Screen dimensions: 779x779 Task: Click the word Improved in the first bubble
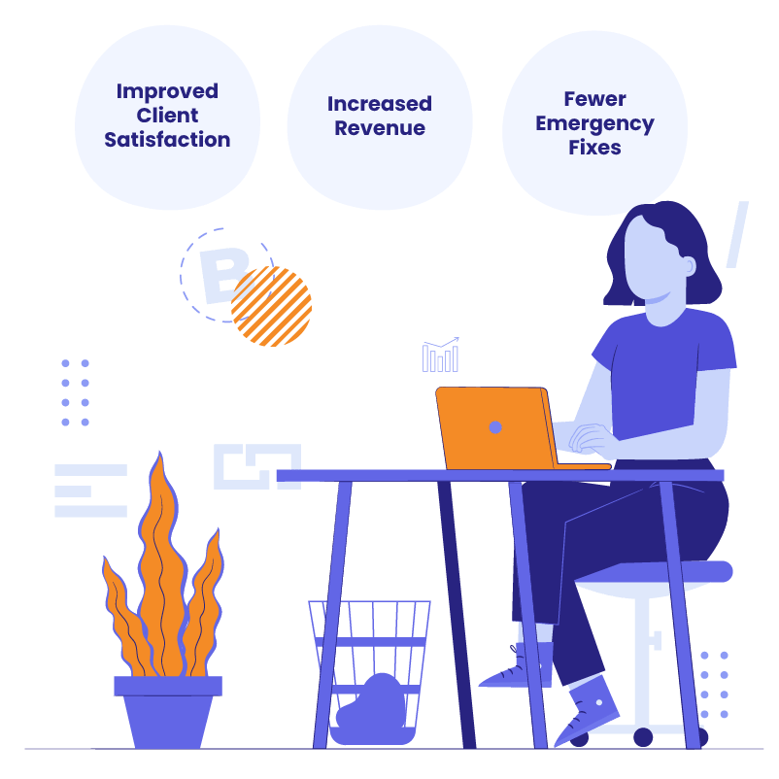tap(167, 91)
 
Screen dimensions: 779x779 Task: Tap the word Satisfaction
tap(167, 140)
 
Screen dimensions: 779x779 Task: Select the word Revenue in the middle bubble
tap(380, 128)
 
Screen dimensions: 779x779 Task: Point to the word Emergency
tap(594, 124)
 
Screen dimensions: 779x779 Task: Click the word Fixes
tap(594, 149)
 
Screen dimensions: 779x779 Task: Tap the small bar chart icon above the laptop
tap(440, 356)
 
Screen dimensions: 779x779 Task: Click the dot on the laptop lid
tap(495, 426)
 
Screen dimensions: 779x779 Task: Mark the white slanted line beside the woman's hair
tap(737, 234)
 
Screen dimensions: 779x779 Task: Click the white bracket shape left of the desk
tap(256, 466)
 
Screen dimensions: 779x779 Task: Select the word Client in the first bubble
tap(167, 116)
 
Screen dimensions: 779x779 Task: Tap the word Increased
tap(380, 104)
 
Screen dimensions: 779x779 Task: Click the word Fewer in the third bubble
tap(594, 99)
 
